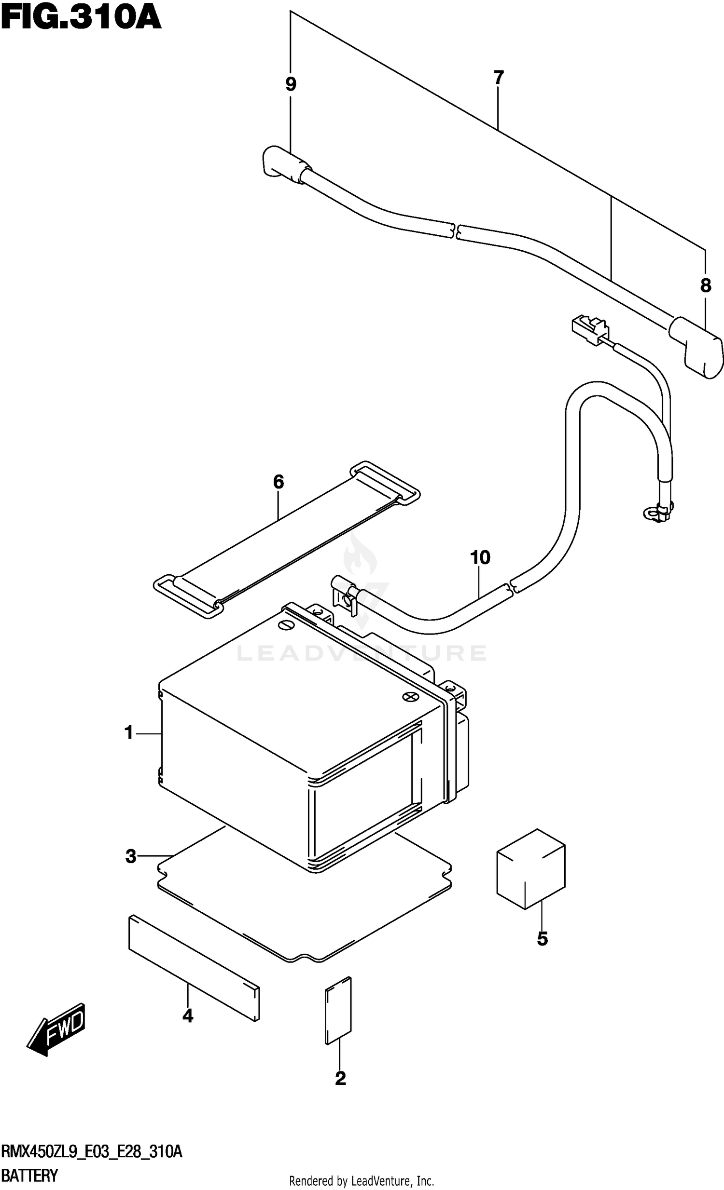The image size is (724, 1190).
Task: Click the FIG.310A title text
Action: click(x=81, y=18)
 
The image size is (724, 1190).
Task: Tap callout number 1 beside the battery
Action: click(x=128, y=733)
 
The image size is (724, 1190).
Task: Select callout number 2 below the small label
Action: click(x=340, y=1079)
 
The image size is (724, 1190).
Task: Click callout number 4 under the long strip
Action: click(x=188, y=1016)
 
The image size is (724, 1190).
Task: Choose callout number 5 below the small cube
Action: click(x=542, y=939)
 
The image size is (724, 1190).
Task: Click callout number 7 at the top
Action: click(x=499, y=77)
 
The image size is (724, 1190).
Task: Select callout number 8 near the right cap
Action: click(x=706, y=285)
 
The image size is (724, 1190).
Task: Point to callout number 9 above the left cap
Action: click(x=291, y=84)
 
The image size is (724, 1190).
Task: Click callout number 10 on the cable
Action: click(x=480, y=557)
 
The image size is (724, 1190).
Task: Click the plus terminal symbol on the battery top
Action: click(x=410, y=696)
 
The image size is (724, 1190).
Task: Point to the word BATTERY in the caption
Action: click(x=30, y=1175)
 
